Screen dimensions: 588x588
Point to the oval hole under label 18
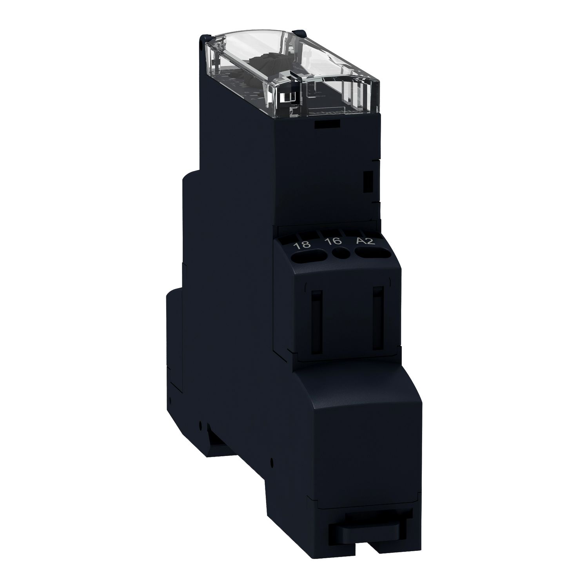tap(310, 258)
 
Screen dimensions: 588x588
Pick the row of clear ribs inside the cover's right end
tap(353, 94)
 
